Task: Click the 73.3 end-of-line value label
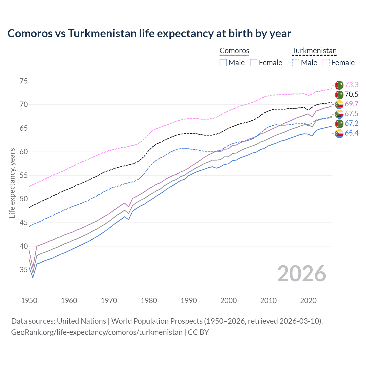click(351, 85)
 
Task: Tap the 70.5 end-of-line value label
click(351, 95)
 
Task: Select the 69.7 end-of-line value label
click(351, 104)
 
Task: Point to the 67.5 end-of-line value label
click(351, 114)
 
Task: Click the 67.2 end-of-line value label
click(351, 123)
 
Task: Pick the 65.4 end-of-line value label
click(351, 133)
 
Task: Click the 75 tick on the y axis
click(24, 81)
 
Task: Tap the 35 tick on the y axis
click(24, 270)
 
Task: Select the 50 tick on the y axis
click(24, 199)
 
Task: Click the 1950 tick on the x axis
click(29, 301)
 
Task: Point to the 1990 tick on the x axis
click(189, 301)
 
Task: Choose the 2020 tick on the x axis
click(308, 301)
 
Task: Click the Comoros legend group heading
click(234, 51)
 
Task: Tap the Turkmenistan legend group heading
click(314, 51)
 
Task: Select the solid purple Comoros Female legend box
click(254, 63)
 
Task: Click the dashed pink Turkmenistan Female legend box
click(326, 63)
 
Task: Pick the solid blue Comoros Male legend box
click(223, 63)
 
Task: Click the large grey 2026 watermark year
click(302, 274)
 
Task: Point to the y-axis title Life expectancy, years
click(12, 183)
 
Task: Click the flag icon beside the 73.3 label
click(339, 85)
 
